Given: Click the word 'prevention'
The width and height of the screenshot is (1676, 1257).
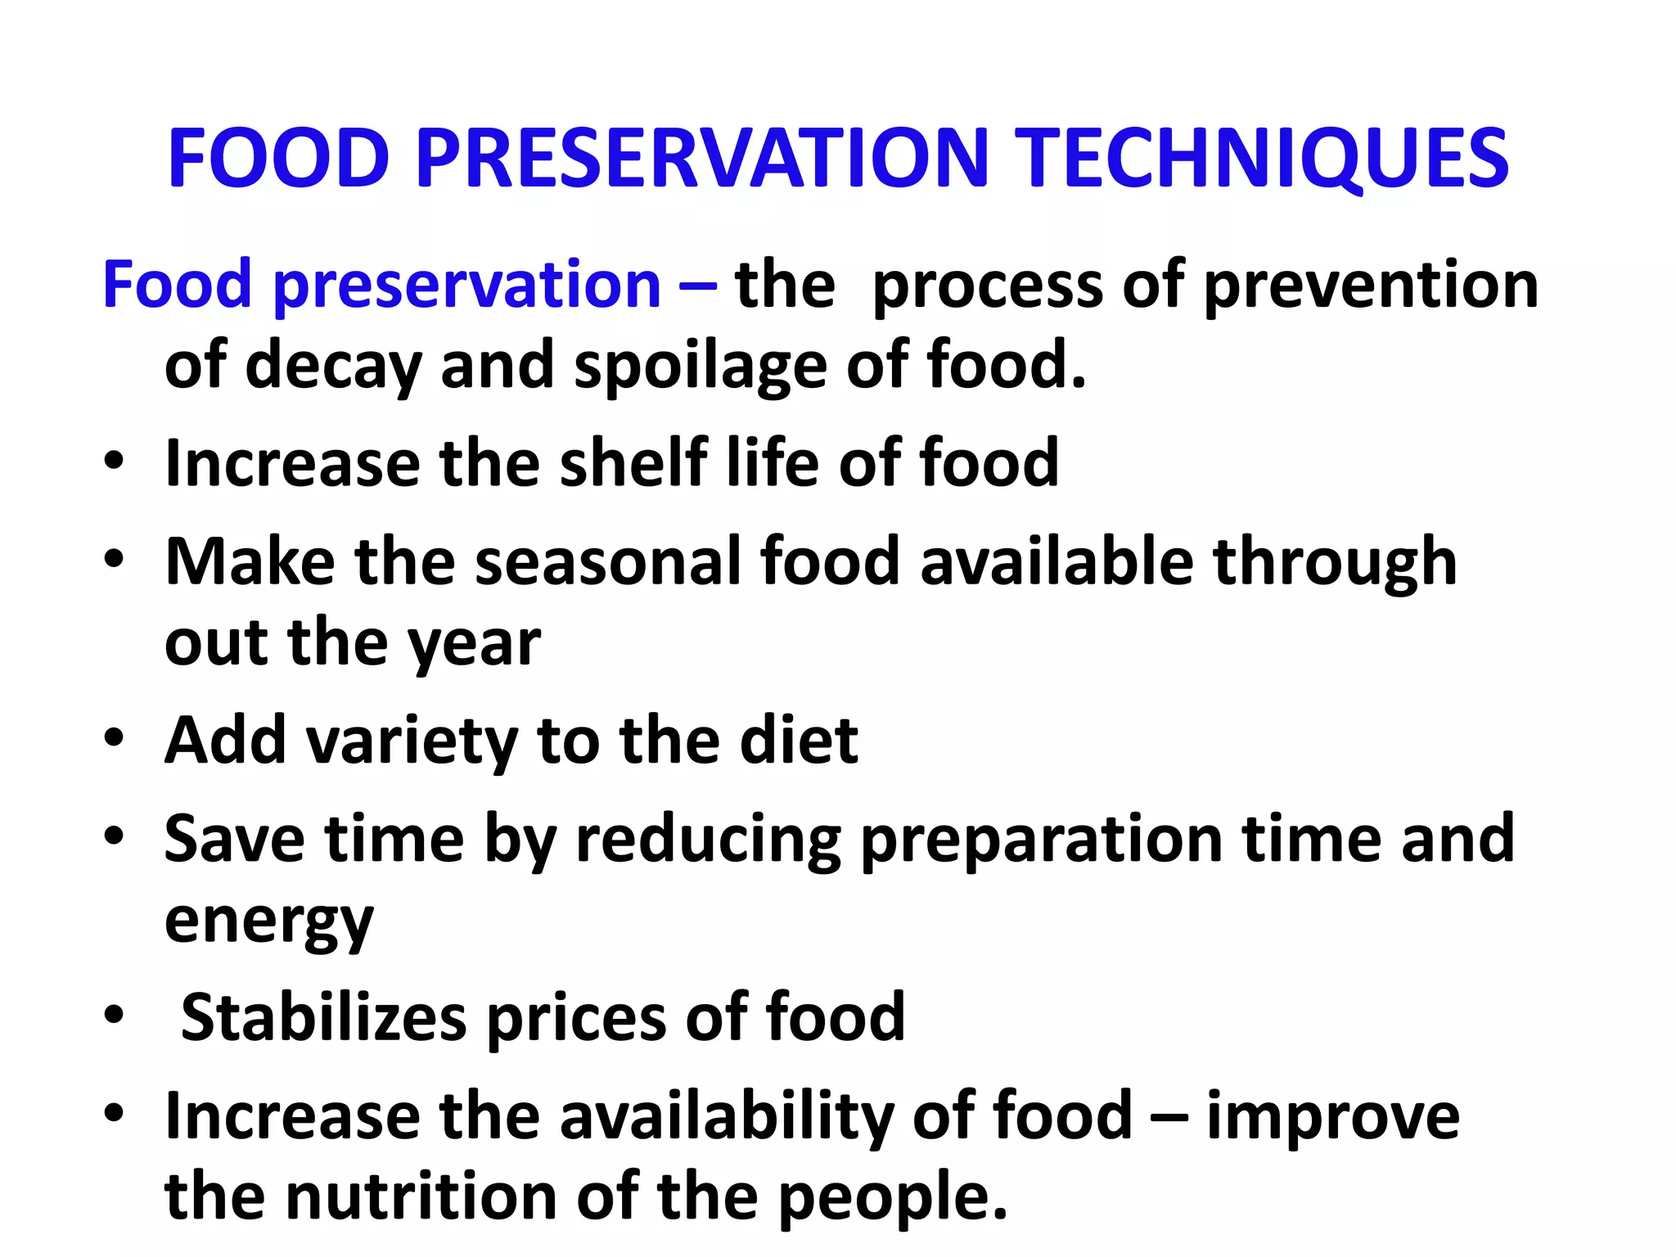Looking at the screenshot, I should pos(1372,286).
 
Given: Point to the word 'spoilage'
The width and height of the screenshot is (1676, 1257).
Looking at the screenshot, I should pos(701,366).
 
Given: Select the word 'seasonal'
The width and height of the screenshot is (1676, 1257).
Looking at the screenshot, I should pos(607,561).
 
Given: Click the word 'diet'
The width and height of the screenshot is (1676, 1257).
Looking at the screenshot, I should pos(799,741).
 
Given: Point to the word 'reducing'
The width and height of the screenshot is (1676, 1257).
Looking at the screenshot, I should pos(708,840).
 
